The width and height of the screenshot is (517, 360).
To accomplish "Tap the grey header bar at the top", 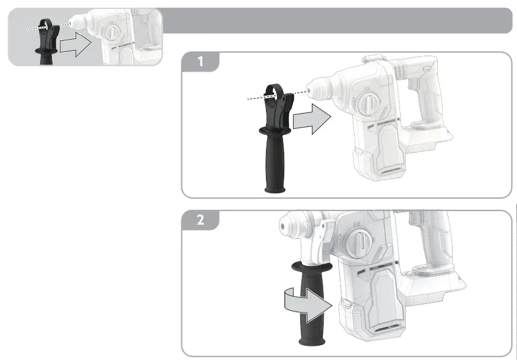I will [x=337, y=21].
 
